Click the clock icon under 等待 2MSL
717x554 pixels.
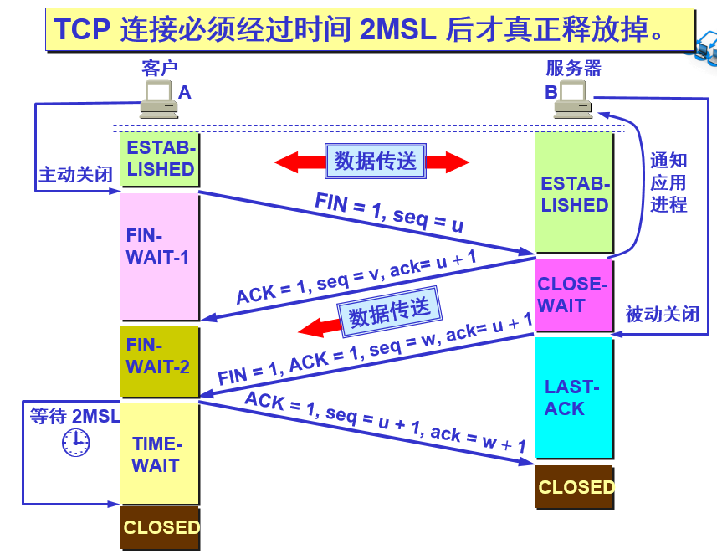pyautogui.click(x=75, y=442)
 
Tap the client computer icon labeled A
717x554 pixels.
pyautogui.click(x=157, y=98)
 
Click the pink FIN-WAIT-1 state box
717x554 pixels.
pyautogui.click(x=159, y=256)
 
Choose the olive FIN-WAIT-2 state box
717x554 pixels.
pyautogui.click(x=159, y=361)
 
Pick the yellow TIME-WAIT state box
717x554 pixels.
pyautogui.click(x=159, y=453)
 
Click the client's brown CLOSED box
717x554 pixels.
pyautogui.click(x=161, y=527)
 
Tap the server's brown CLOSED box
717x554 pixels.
pyautogui.click(x=575, y=487)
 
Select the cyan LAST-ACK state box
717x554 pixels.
pyautogui.click(x=574, y=398)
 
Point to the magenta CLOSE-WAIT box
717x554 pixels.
pyautogui.click(x=573, y=295)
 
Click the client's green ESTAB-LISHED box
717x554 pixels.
pyautogui.click(x=160, y=158)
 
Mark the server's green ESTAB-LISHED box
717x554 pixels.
pyautogui.click(x=574, y=193)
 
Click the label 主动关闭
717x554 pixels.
pyautogui.click(x=75, y=175)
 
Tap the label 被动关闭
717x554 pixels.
pyautogui.click(x=662, y=315)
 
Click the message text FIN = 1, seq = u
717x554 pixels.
pyautogui.click(x=389, y=213)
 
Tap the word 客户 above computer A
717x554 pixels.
pyautogui.click(x=160, y=69)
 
